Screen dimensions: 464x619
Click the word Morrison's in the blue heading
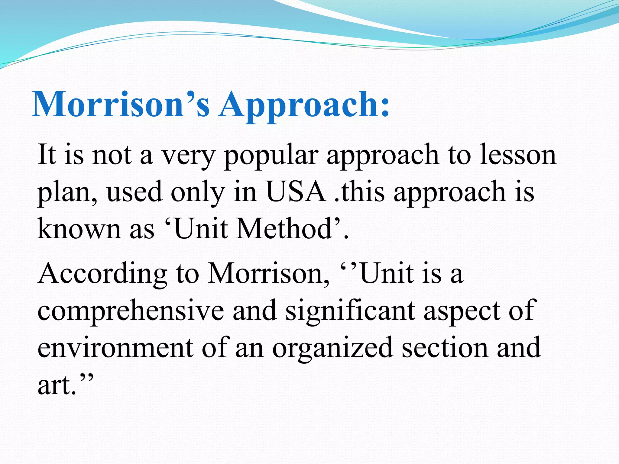[121, 104]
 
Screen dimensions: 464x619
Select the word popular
[271, 156]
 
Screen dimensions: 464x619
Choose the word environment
[115, 348]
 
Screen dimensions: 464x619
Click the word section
[445, 348]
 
